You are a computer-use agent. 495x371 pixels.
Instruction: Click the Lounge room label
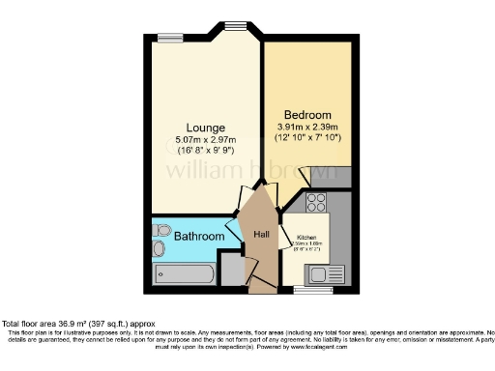[206, 128]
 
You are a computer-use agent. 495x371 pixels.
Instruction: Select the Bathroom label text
[200, 237]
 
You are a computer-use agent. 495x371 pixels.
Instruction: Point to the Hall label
[261, 235]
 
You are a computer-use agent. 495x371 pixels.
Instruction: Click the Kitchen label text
[306, 237]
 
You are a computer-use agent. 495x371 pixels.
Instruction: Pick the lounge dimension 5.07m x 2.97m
[206, 140]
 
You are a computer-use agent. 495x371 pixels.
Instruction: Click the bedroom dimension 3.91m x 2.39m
[307, 127]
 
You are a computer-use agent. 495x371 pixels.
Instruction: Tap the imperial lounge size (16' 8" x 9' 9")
[206, 152]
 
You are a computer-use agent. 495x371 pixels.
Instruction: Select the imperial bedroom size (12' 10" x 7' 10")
[307, 138]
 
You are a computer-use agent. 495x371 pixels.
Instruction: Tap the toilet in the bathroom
[160, 249]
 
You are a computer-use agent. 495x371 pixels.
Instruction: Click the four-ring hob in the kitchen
[316, 203]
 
